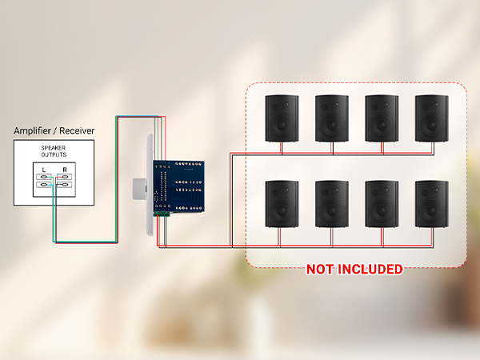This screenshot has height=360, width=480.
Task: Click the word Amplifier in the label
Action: [33, 130]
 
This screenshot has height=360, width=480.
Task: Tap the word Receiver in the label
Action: [77, 130]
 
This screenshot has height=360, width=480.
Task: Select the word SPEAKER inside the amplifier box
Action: [54, 148]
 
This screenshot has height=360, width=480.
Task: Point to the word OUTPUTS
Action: [54, 154]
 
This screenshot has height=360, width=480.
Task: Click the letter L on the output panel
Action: [44, 170]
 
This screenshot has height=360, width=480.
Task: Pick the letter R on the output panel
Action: [65, 170]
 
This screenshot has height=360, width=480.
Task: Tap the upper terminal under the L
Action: [44, 177]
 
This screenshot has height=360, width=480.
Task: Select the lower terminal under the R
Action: [64, 185]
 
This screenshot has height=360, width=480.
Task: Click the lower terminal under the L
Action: [44, 185]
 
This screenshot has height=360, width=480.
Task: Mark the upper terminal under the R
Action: [64, 177]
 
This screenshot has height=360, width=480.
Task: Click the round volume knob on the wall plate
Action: [139, 189]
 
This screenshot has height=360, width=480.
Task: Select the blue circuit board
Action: [178, 186]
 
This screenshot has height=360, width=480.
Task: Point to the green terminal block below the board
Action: [162, 214]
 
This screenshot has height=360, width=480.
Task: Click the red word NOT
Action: [320, 270]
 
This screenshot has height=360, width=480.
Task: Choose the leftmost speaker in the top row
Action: [282, 118]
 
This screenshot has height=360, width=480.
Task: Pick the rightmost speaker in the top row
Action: [432, 118]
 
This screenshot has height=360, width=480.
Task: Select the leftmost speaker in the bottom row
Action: [282, 204]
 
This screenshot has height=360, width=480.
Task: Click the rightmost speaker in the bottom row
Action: [432, 204]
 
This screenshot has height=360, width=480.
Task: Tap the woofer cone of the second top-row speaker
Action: [332, 125]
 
